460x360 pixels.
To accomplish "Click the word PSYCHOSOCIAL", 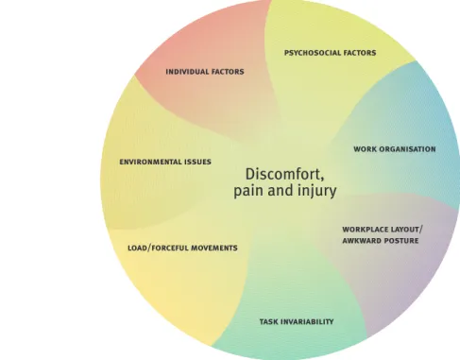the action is coord(312,53).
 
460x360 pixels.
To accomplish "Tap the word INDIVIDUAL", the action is coord(187,72).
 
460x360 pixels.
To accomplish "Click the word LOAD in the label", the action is coord(137,249).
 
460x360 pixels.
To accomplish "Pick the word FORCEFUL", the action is coord(170,249).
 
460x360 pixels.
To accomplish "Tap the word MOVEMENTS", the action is coord(214,249).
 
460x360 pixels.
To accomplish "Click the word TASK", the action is coord(268,322).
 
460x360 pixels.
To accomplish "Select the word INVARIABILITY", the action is coord(307,322).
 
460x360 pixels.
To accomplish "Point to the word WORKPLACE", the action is coord(365,230).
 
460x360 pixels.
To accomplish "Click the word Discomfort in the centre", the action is coord(284,174).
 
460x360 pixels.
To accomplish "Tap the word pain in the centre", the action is coord(248,191).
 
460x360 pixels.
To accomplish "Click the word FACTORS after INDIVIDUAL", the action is coord(228,72).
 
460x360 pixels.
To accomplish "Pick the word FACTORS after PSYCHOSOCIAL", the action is coord(360,53).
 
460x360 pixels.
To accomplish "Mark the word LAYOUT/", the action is coord(407,230).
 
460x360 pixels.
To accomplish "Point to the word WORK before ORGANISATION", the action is coord(365,149).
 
